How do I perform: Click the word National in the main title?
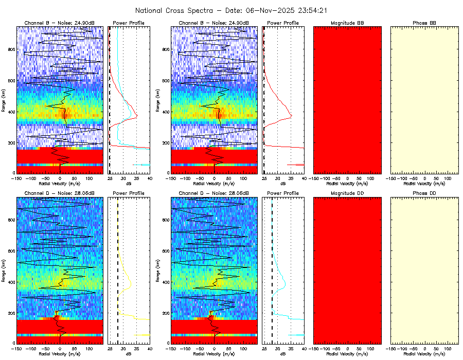150,10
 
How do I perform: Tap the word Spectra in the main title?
203,10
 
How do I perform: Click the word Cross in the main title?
178,10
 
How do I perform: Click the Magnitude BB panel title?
347,23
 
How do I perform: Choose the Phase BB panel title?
424,23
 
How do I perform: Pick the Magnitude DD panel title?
347,193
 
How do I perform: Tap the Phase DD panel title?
424,193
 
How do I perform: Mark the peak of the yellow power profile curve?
131,283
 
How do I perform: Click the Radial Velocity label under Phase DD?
424,354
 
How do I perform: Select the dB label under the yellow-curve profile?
129,354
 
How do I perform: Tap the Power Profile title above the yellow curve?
129,193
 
